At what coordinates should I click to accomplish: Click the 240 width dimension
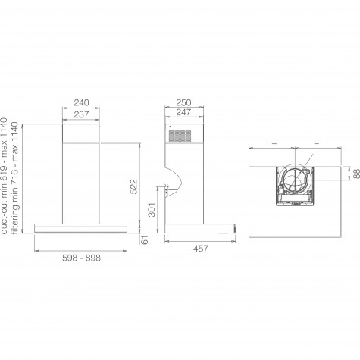click(81, 102)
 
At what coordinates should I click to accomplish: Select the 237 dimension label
click(81, 114)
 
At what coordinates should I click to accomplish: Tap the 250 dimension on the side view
click(183, 102)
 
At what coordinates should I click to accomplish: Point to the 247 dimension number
click(183, 112)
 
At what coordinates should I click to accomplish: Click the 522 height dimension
click(134, 186)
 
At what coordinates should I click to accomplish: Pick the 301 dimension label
click(152, 209)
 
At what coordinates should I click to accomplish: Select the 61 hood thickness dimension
click(144, 239)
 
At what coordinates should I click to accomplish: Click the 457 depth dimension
click(201, 249)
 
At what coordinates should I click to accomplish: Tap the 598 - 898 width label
click(81, 258)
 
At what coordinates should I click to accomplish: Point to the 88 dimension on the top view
click(356, 174)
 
